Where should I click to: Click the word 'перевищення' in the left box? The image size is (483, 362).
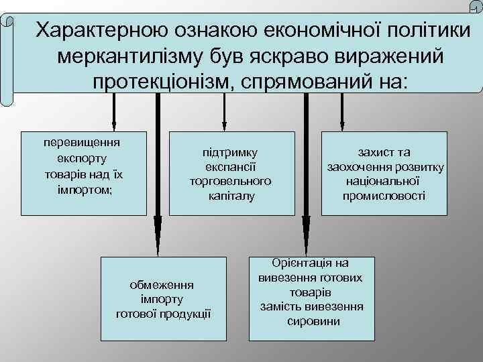[x=82, y=143]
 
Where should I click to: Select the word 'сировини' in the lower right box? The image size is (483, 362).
[x=313, y=321]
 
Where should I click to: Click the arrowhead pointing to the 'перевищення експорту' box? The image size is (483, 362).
[x=114, y=124]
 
